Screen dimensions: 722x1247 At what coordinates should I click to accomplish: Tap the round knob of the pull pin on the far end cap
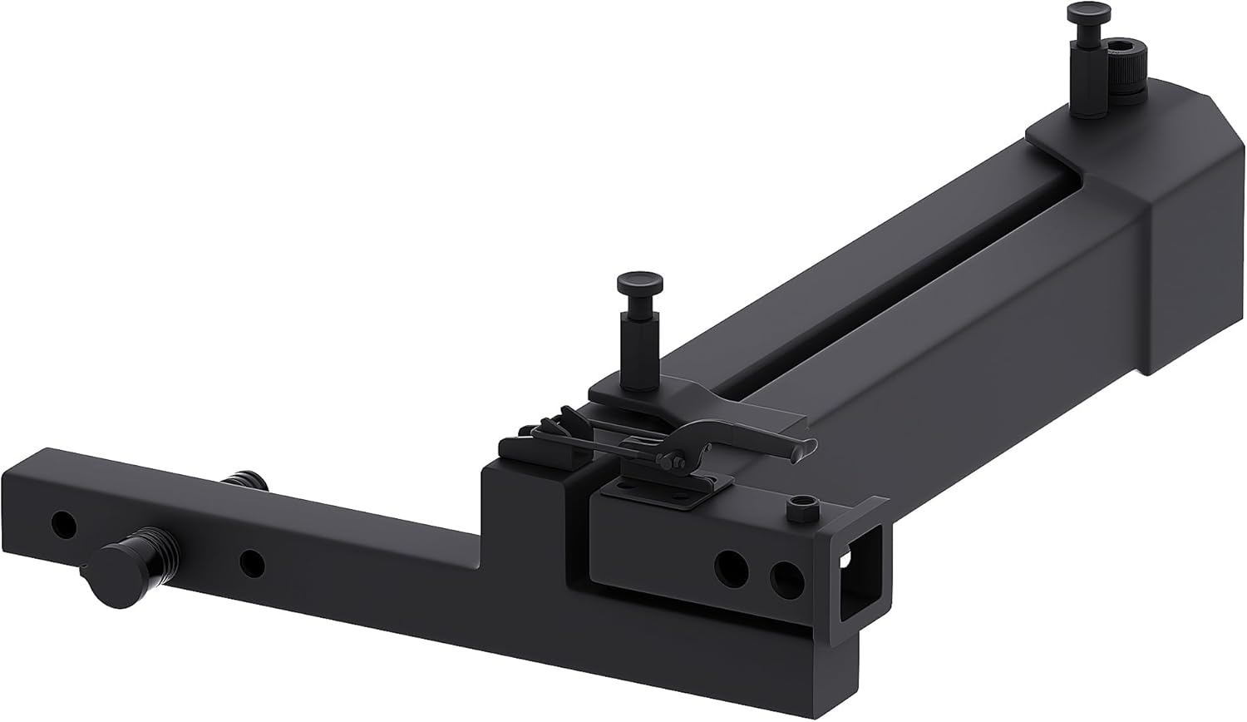(1081, 14)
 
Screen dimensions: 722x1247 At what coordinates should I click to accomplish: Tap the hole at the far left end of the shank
(62, 523)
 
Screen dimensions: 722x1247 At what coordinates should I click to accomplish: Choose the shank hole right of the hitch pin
(251, 564)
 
